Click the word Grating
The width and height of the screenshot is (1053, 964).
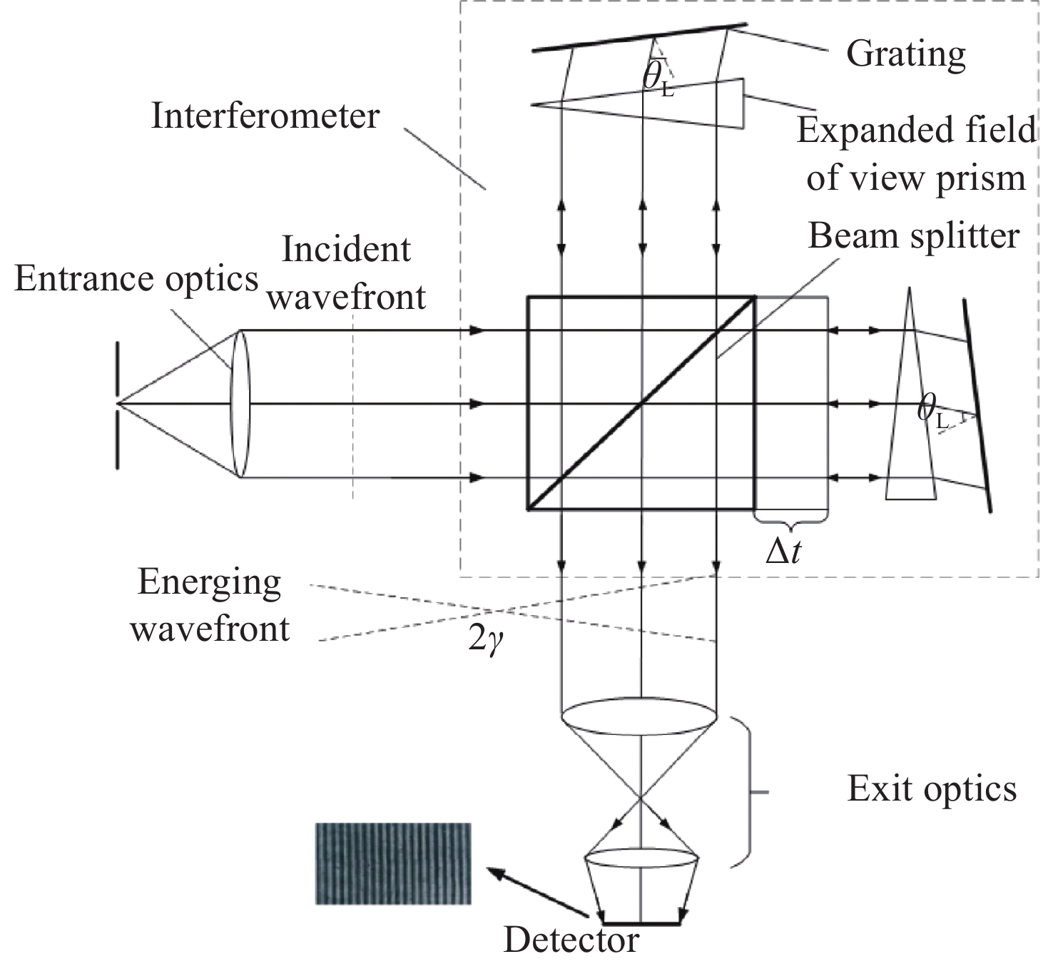point(905,54)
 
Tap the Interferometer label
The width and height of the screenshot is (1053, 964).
point(265,116)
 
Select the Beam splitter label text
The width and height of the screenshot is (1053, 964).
point(913,236)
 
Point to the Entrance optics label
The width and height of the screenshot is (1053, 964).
point(136,280)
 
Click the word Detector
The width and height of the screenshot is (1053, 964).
point(571,940)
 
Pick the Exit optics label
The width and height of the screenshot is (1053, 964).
point(932,789)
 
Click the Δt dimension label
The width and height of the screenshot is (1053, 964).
point(783,551)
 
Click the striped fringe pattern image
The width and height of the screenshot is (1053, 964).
point(393,864)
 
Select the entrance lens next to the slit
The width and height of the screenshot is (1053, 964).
point(240,404)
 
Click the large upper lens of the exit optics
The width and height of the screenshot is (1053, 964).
point(639,714)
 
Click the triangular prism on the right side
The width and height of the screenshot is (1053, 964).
point(910,414)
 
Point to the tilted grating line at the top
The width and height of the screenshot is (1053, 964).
point(640,38)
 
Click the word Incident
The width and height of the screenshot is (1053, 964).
point(347,250)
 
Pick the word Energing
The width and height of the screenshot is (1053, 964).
point(209,582)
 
